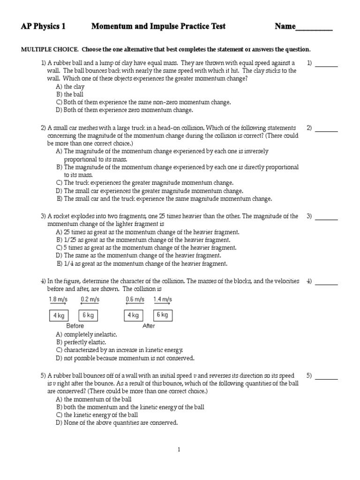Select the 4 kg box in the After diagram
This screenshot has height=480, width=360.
tap(134, 315)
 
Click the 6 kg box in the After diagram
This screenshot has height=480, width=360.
tap(162, 315)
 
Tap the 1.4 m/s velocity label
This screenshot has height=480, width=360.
tap(163, 299)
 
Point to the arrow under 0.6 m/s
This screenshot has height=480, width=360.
tap(135, 304)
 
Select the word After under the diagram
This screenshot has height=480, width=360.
tap(149, 326)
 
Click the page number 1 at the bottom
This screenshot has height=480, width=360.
tap(179, 450)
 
